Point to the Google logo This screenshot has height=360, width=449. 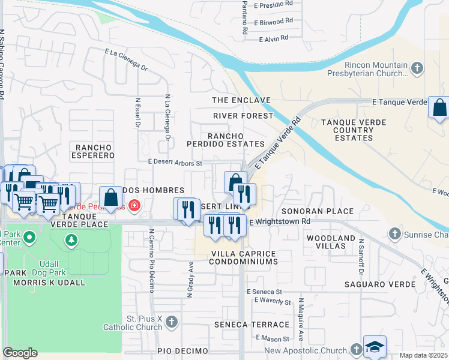click(x=20, y=352)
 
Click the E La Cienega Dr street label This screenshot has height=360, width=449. click(x=126, y=60)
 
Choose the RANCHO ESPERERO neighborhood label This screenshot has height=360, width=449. click(x=92, y=151)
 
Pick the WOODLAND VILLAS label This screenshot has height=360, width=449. click(x=331, y=243)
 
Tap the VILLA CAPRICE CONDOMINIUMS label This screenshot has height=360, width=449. click(x=244, y=258)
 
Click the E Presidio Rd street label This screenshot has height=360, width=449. click(x=273, y=4)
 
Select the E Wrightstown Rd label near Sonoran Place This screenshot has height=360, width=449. click(x=279, y=221)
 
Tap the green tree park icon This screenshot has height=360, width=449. click(x=71, y=241)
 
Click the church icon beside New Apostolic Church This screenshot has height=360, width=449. click(x=356, y=349)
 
